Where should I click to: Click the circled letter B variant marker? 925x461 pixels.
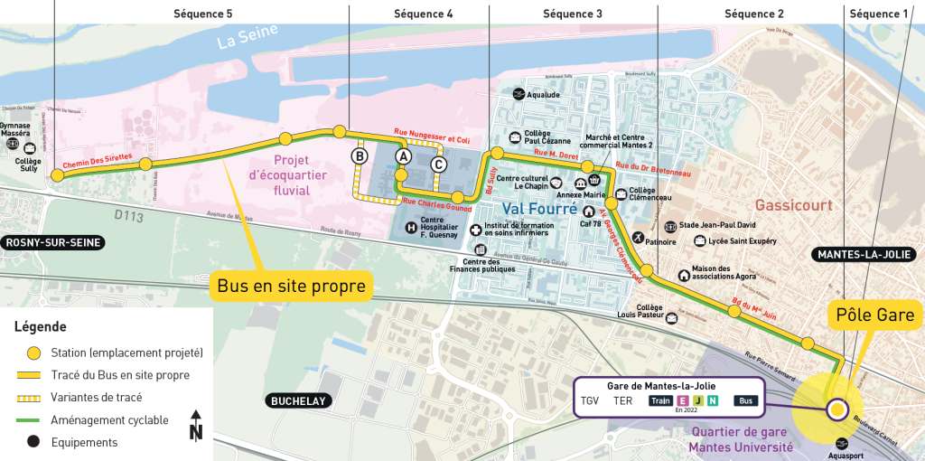point(360,156)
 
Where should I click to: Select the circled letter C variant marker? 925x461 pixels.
point(438,165)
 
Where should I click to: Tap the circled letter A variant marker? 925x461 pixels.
point(403,156)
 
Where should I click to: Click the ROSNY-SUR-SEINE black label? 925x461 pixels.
point(52,242)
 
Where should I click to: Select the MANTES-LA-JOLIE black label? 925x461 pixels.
point(864,254)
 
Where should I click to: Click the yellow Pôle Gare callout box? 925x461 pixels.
point(875,315)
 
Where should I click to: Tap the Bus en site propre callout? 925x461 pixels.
point(291,287)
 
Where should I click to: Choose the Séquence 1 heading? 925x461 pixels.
point(880,14)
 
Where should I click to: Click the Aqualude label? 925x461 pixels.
point(543,95)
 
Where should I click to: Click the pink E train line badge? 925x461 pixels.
point(683,400)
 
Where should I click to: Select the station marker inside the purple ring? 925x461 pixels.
point(837,410)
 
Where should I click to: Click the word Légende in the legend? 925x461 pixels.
point(40,327)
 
